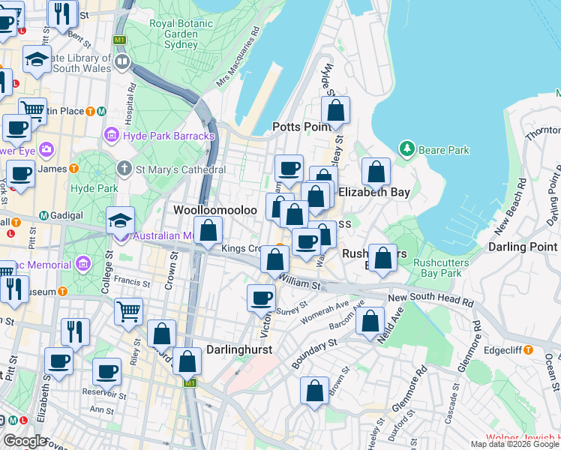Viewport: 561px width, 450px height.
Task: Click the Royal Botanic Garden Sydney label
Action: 173,34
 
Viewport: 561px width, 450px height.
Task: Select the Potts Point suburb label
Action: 301,127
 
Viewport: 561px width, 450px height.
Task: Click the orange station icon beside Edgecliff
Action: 528,349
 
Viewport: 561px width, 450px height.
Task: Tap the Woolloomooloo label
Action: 216,210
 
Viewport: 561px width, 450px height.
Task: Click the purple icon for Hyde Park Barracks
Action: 112,135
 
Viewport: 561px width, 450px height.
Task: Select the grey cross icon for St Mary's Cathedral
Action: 125,169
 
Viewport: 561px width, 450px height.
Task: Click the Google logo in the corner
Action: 25,440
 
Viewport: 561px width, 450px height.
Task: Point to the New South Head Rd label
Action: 430,301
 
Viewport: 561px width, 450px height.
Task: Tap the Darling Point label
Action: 523,247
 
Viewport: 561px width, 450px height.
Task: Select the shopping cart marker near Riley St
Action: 128,310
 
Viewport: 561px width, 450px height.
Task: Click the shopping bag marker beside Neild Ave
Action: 370,322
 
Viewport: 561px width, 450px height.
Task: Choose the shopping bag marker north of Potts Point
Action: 336,110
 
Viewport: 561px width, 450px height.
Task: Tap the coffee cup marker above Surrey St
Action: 261,298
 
